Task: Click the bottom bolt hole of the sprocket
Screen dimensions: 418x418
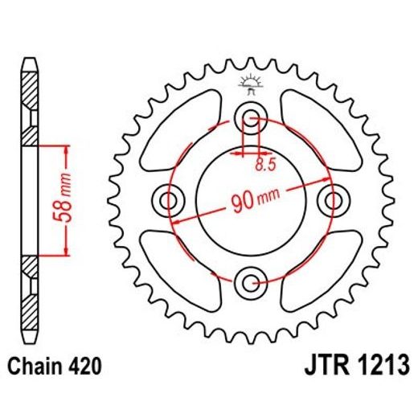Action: click(x=251, y=281)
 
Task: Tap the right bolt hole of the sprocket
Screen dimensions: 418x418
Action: click(x=331, y=199)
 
